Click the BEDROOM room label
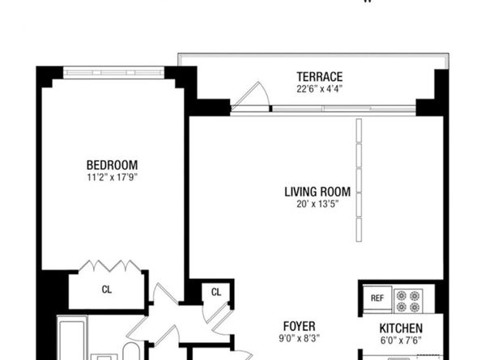point(112,163)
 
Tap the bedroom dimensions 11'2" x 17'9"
point(112,176)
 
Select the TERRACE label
point(319,77)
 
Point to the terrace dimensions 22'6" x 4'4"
point(319,89)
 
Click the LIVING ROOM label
point(317,192)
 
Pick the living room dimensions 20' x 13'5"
point(317,204)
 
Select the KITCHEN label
point(402,328)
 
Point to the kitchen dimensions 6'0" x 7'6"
point(402,341)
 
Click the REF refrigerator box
point(377,299)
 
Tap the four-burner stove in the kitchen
point(408,300)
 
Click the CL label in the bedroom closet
point(107,289)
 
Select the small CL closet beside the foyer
point(216,292)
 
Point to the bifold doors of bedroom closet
point(108,266)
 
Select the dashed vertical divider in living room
point(358,181)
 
